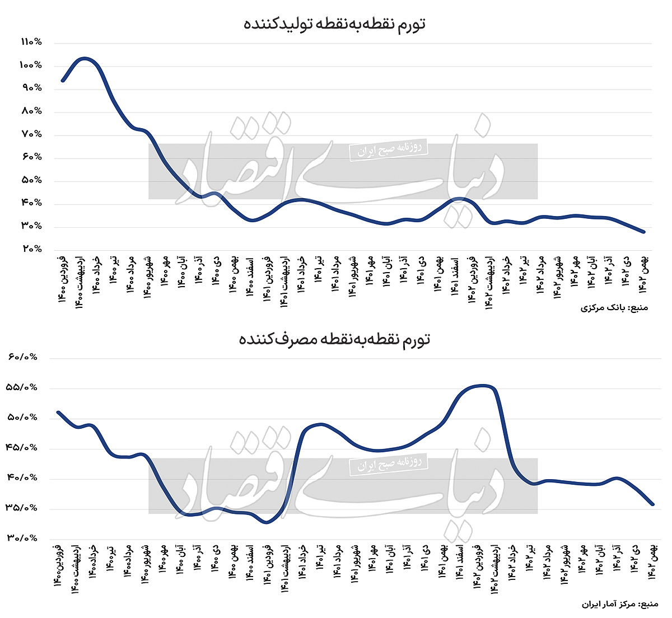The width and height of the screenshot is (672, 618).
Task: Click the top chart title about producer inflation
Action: (334, 24)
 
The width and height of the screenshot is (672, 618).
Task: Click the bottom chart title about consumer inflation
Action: (334, 339)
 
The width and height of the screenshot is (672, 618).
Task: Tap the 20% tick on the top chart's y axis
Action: (32, 249)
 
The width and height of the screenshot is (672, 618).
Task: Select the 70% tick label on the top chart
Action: (32, 134)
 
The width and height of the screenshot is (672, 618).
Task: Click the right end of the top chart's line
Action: (644, 232)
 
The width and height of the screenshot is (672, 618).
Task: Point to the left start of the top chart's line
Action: (63, 81)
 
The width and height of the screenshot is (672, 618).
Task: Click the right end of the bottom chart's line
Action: (652, 504)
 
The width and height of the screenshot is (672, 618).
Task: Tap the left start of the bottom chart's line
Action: (58, 413)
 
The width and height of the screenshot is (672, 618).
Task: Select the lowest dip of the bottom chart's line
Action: (267, 522)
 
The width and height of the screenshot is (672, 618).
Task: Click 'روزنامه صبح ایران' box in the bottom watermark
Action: (388, 465)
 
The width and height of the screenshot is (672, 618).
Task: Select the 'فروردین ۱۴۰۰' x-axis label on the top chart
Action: (63, 279)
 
